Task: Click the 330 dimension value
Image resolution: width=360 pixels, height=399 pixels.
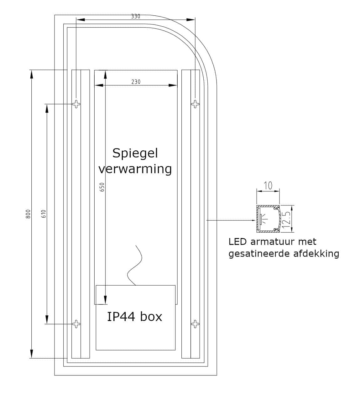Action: click(x=136, y=16)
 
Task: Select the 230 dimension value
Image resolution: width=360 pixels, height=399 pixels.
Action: click(x=136, y=82)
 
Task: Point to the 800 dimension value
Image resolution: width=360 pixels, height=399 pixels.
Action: click(x=28, y=214)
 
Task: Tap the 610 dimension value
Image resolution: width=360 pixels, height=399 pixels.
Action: click(x=44, y=214)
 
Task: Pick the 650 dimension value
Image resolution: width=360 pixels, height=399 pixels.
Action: click(x=102, y=187)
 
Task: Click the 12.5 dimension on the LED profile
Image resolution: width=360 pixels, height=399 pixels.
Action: click(x=286, y=219)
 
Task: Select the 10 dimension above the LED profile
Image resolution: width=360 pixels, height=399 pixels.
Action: click(x=268, y=186)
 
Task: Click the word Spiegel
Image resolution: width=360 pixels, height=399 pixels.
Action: click(x=135, y=153)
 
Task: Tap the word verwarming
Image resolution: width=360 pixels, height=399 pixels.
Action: click(x=135, y=169)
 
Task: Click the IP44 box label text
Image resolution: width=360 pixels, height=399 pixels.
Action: click(x=135, y=317)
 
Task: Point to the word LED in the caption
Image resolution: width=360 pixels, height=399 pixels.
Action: click(x=237, y=242)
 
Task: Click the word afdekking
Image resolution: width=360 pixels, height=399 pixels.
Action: click(x=316, y=253)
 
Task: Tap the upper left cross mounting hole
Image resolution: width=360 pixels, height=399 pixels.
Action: click(x=76, y=104)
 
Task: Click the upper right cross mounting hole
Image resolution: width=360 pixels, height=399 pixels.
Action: click(x=195, y=104)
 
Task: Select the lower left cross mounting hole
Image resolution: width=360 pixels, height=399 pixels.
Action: click(x=76, y=324)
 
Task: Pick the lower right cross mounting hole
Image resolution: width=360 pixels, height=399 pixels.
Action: click(x=195, y=324)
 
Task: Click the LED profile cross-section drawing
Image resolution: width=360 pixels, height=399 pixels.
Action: click(x=268, y=219)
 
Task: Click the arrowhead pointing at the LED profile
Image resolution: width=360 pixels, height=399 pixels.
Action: click(x=254, y=220)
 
